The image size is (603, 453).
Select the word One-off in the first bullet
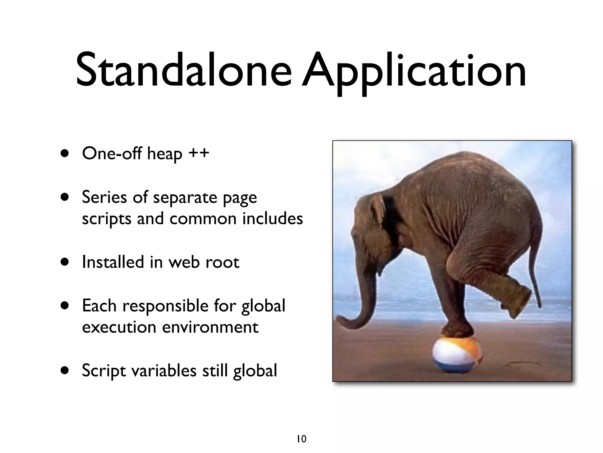click(x=112, y=153)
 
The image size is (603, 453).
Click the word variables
click(x=164, y=370)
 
